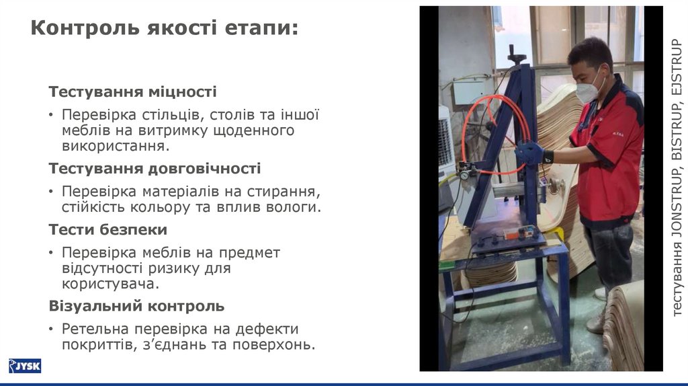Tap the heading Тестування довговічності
[155, 168]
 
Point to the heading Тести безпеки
[107, 230]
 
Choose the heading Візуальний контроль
[136, 307]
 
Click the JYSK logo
[25, 366]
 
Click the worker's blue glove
[530, 153]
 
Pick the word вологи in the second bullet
[294, 207]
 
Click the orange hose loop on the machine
[495, 128]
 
